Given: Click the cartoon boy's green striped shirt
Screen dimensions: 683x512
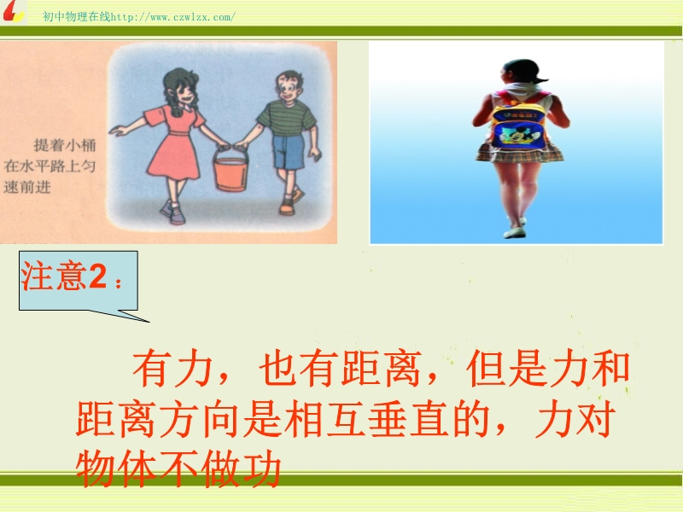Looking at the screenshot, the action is pos(287,119).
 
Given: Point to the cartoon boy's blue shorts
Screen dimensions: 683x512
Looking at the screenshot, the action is pos(288,152).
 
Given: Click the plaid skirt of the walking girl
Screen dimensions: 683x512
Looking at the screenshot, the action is pos(518,153).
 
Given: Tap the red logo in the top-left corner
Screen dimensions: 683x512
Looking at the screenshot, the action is pos(12,11).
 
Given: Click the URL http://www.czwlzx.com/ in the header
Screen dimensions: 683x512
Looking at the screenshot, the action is pos(173,17).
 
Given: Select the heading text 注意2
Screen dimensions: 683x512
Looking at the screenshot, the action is pos(64,276).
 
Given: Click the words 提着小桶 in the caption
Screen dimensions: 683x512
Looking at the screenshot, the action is pos(65,145).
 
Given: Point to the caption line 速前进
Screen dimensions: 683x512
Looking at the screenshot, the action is pos(27,187).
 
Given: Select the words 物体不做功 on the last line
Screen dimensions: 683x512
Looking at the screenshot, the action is pos(178,468).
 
